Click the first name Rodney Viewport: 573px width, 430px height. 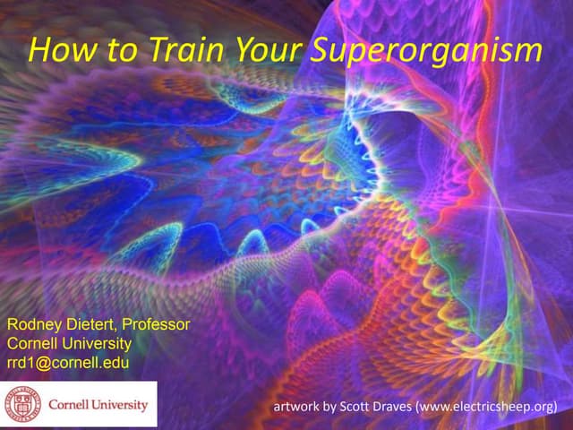click(35, 325)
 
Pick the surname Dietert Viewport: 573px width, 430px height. click(94, 325)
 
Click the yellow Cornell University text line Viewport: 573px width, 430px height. click(70, 344)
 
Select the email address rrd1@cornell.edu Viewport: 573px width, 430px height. click(68, 363)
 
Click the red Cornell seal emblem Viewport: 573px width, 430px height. click(23, 403)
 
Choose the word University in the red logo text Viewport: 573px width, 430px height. click(121, 404)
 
